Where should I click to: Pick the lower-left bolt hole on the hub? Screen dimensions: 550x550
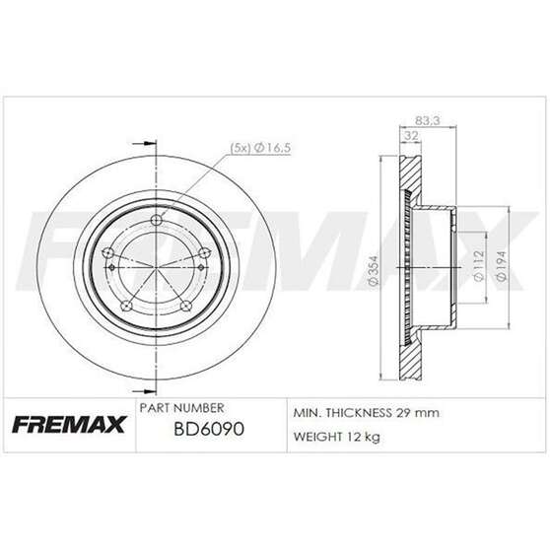point(128,307)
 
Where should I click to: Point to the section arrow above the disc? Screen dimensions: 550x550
point(144,141)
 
